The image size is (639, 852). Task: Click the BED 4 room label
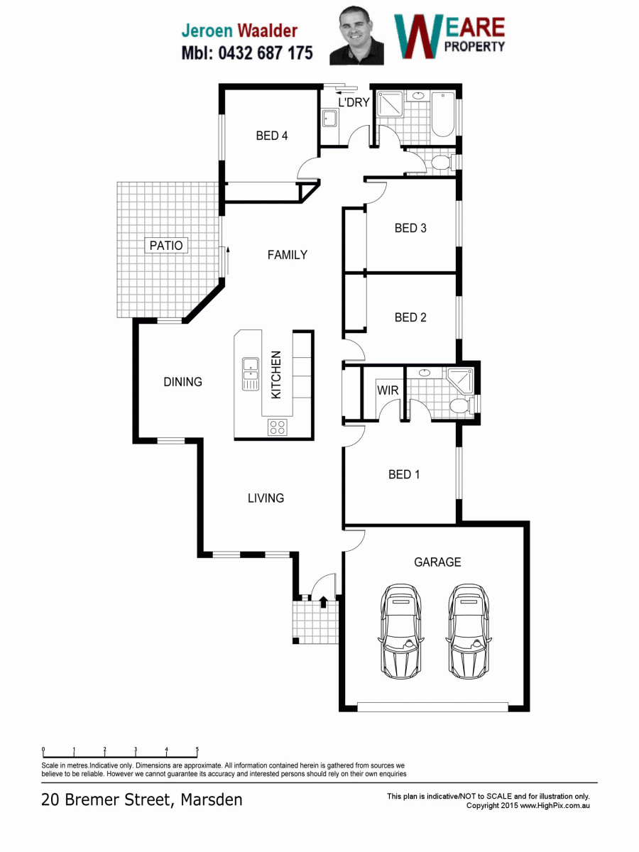tap(272, 136)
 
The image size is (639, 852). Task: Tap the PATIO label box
tap(166, 246)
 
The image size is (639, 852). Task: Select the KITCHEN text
tap(276, 375)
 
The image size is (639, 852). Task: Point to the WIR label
tap(388, 390)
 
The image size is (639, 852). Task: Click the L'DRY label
tap(354, 102)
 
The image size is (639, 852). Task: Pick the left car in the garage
tap(400, 630)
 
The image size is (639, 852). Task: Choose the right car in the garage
tap(469, 630)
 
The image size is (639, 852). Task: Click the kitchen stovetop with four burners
tap(278, 427)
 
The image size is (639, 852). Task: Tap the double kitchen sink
tap(251, 373)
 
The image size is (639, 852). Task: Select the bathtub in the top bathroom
tap(443, 114)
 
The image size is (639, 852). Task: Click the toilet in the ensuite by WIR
tap(461, 405)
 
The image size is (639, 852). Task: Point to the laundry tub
tap(330, 119)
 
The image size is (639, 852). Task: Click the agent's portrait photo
tap(356, 35)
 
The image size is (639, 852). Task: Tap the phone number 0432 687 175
tap(266, 53)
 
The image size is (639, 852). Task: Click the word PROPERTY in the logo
tap(474, 47)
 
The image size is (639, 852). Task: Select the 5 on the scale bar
tap(197, 749)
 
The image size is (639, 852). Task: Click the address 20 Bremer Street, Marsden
tap(141, 799)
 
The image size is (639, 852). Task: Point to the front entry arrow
tap(323, 601)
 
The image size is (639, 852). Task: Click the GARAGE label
tap(437, 562)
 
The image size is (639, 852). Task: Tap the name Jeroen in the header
tap(207, 31)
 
